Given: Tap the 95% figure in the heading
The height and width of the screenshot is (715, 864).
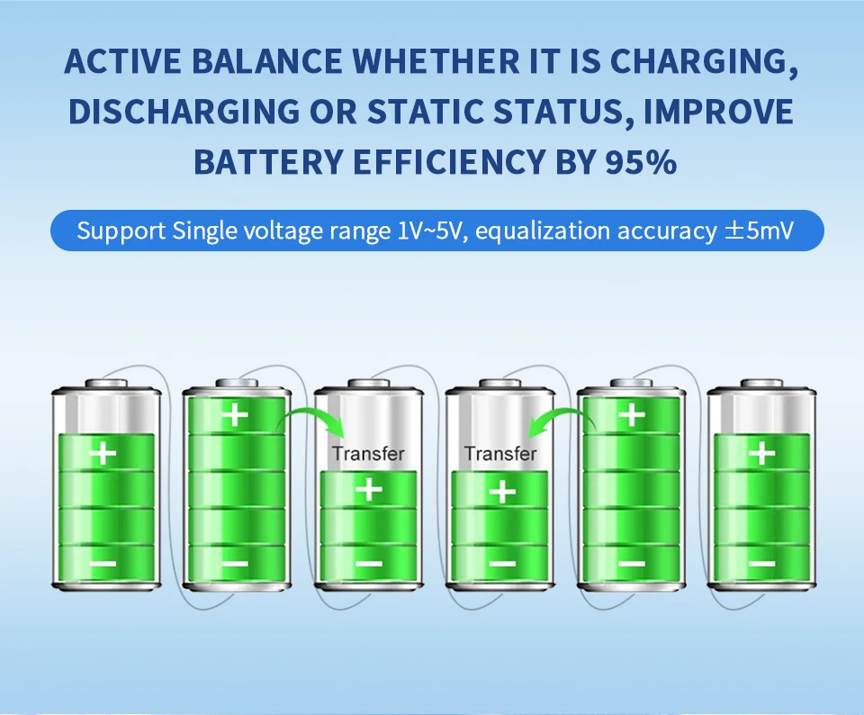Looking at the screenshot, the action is pos(640,162).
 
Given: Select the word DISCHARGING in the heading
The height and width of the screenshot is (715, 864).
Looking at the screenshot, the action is pos(184,112).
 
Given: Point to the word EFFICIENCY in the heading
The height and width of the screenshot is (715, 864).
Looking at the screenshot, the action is pos(449,162).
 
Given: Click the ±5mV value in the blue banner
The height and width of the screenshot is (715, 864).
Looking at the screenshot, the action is pos(759,231).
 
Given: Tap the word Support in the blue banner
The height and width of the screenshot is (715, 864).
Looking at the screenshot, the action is pos(121,231).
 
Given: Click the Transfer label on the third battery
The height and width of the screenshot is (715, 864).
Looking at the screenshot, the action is pos(368,454).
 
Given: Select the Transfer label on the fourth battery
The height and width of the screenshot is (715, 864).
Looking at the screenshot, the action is pos(500,454).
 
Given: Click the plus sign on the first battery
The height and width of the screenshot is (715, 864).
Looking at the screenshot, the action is pos(103,454).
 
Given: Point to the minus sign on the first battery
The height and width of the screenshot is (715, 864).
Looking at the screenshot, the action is pos(103,564).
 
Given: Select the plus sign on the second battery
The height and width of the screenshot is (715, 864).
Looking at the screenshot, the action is pos(235,414).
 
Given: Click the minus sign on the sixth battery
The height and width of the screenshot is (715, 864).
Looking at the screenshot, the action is pos(762,564).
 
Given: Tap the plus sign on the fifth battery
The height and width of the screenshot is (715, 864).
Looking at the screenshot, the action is pos(632,414).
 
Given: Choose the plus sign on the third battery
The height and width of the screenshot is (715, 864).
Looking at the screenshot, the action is pos(369,490).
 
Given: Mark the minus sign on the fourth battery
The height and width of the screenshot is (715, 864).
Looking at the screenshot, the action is pos(502,564).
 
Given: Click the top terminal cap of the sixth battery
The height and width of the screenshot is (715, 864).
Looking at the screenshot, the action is pos(762,384).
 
